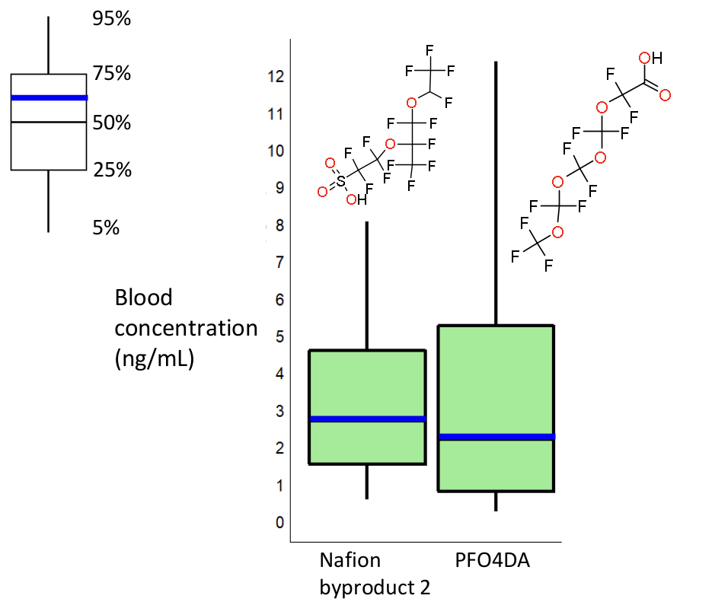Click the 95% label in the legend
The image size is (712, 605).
tap(112, 19)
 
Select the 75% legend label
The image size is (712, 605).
tap(112, 74)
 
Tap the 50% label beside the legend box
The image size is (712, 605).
tap(112, 123)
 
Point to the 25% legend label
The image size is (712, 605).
tap(112, 170)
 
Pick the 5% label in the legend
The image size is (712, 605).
tap(107, 228)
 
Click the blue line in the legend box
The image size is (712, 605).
tap(49, 97)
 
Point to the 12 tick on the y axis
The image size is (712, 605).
tap(276, 76)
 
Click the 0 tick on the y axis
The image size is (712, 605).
tap(279, 523)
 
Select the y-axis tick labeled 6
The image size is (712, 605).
tap(279, 300)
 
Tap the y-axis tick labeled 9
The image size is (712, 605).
tap(279, 188)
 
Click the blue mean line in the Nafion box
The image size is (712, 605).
tap(367, 419)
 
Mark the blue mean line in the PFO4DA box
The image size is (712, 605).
tap(496, 436)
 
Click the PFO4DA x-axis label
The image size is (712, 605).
tap(492, 562)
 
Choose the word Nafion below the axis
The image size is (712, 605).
tap(350, 562)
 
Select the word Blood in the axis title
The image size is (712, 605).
tap(144, 298)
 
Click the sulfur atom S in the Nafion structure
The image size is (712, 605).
tap(340, 181)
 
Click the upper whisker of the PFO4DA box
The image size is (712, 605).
tap(496, 190)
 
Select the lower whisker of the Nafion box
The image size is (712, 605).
tap(367, 481)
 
